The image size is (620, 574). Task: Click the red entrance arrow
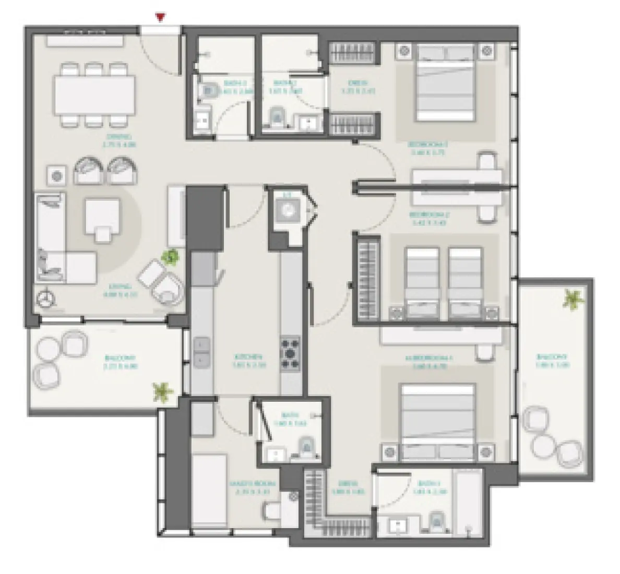pyautogui.click(x=161, y=18)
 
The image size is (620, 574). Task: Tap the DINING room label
pyautogui.click(x=120, y=141)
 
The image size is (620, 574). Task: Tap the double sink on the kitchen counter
pyautogui.click(x=201, y=352)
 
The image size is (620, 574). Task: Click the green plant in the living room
pyautogui.click(x=170, y=256)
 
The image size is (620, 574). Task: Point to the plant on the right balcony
pyautogui.click(x=574, y=300)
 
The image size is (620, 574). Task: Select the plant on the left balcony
pyautogui.click(x=163, y=391)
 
